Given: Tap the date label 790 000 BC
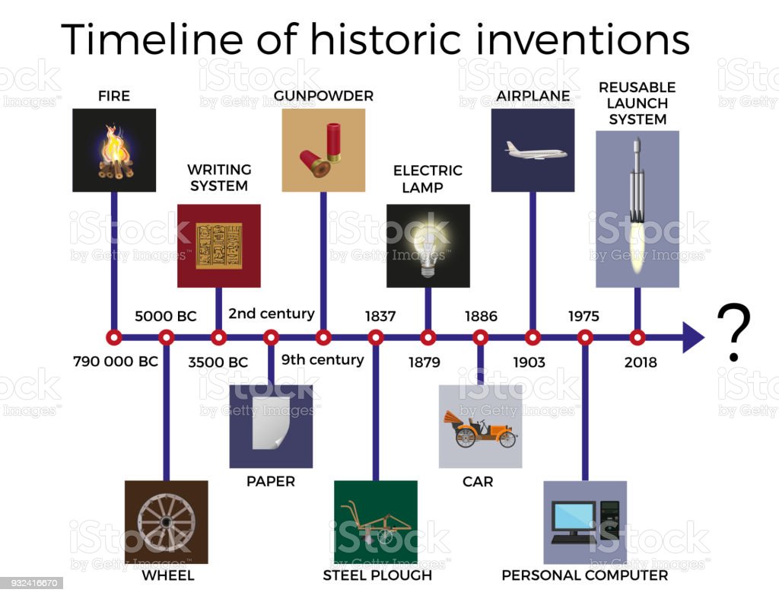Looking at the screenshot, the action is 116,362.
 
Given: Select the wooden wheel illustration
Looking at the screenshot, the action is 167,522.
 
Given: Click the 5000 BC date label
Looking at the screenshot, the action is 165,316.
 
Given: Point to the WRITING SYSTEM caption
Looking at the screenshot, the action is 219,177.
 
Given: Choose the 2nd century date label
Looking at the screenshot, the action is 272,314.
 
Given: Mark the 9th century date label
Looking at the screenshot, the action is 323,359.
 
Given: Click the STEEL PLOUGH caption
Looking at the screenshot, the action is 377,575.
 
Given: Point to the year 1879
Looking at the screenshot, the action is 424,362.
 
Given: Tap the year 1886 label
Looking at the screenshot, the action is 481,316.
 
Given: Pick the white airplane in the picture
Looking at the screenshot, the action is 536,151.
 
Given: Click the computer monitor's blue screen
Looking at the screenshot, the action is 574,516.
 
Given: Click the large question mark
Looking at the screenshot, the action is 733,333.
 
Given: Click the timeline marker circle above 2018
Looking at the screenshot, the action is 638,337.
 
